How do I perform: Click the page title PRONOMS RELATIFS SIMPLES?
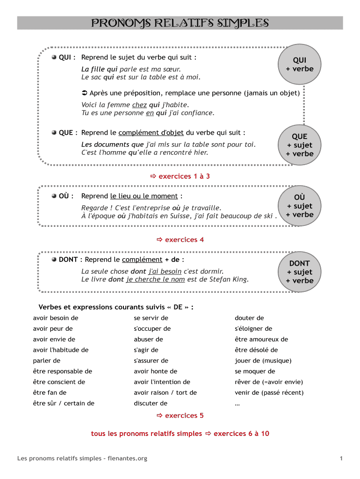pyautogui.click(x=180, y=23)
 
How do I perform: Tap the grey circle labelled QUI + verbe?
pyautogui.click(x=299, y=65)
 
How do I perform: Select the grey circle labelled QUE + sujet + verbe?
pyautogui.click(x=299, y=145)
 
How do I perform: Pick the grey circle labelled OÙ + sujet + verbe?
pyautogui.click(x=299, y=206)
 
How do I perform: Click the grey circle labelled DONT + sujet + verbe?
pyautogui.click(x=299, y=272)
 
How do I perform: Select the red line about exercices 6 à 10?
pyautogui.click(x=180, y=434)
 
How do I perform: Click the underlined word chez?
pyautogui.click(x=139, y=105)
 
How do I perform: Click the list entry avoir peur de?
pyautogui.click(x=53, y=328)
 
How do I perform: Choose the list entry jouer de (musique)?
pyautogui.click(x=263, y=361)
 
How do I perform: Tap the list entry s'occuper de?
pyautogui.click(x=152, y=328)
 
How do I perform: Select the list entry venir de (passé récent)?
pyautogui.click(x=269, y=392)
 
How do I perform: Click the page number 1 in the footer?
pyautogui.click(x=341, y=458)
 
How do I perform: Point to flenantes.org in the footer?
pyautogui.click(x=127, y=458)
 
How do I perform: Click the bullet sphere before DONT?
pyautogui.click(x=54, y=259)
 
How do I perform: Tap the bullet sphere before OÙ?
pyautogui.click(x=54, y=196)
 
